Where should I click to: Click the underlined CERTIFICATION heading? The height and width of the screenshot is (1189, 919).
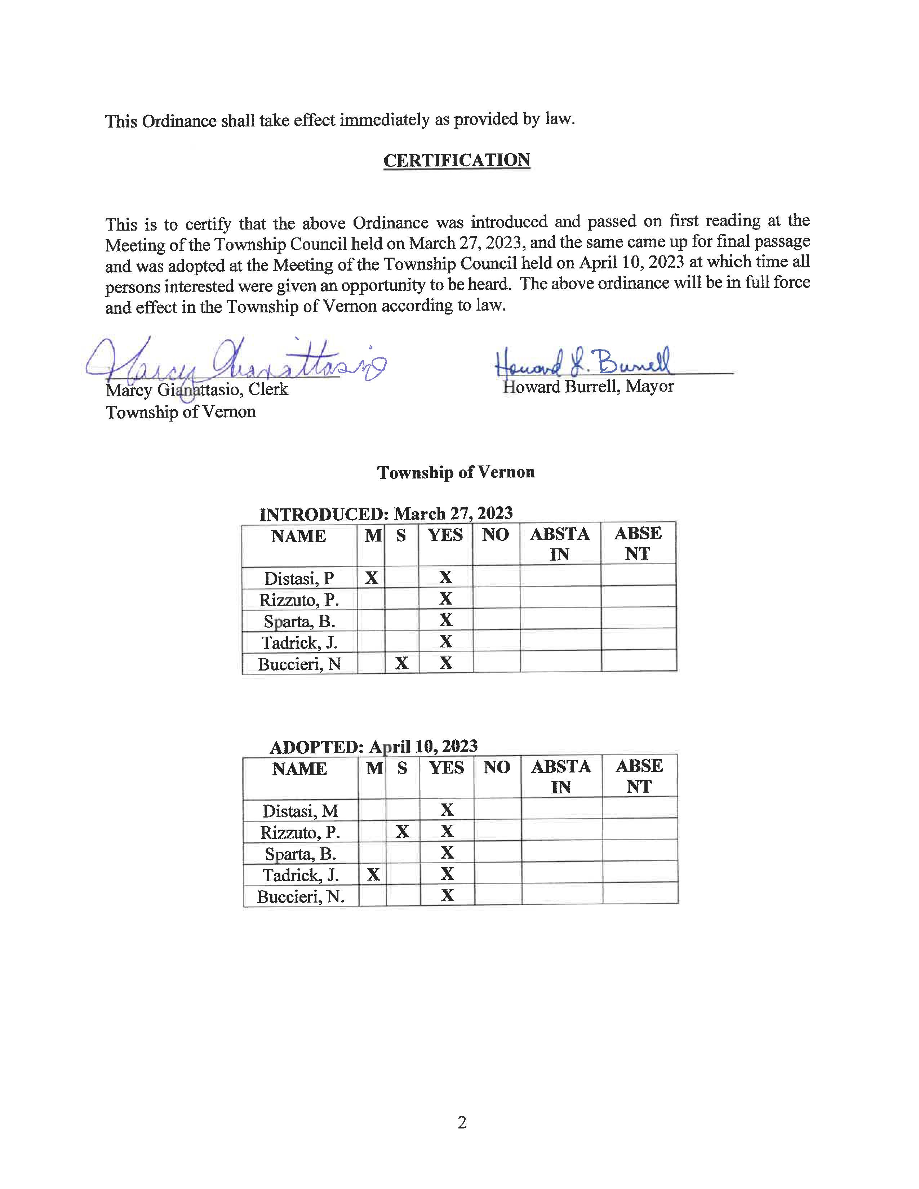pos(456,160)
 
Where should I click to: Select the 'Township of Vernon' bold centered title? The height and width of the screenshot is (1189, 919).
pos(456,472)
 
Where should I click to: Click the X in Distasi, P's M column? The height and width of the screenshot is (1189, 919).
pos(371,577)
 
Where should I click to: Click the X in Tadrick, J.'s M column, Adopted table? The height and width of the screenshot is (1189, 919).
pos(373,874)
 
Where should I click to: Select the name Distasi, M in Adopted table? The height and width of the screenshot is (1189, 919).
pos(300,811)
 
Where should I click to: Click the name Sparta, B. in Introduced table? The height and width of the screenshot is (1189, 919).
pos(299,621)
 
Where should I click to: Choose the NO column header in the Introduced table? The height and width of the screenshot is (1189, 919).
pos(496,535)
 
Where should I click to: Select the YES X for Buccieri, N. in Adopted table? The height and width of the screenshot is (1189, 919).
pos(447,896)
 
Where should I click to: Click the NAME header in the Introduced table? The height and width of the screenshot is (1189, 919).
pos(298,536)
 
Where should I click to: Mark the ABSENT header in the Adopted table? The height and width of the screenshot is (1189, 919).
pos(639,776)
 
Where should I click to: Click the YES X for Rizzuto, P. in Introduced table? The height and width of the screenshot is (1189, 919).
pos(446,599)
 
